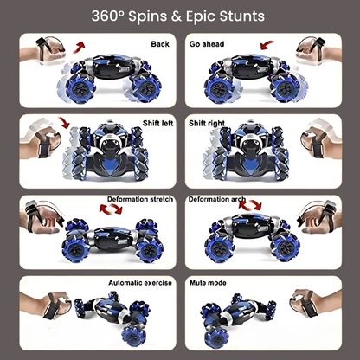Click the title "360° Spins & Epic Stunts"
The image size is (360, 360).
[178, 16]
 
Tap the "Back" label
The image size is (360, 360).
[160, 44]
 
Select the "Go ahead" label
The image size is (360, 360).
[207, 44]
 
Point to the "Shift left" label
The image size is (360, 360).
[157, 123]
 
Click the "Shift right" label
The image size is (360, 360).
[207, 124]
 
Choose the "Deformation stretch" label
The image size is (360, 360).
[140, 199]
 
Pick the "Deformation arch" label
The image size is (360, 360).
[217, 199]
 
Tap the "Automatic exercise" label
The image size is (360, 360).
[140, 283]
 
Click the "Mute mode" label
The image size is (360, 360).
[208, 283]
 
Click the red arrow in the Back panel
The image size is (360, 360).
[79, 47]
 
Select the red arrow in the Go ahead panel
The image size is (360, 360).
[267, 45]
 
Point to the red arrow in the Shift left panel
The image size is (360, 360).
[64, 122]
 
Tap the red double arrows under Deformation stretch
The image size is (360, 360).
[111, 209]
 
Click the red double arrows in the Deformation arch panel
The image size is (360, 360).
[250, 204]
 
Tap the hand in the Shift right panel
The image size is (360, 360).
[321, 141]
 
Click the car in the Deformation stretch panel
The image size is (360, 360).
[112, 241]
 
